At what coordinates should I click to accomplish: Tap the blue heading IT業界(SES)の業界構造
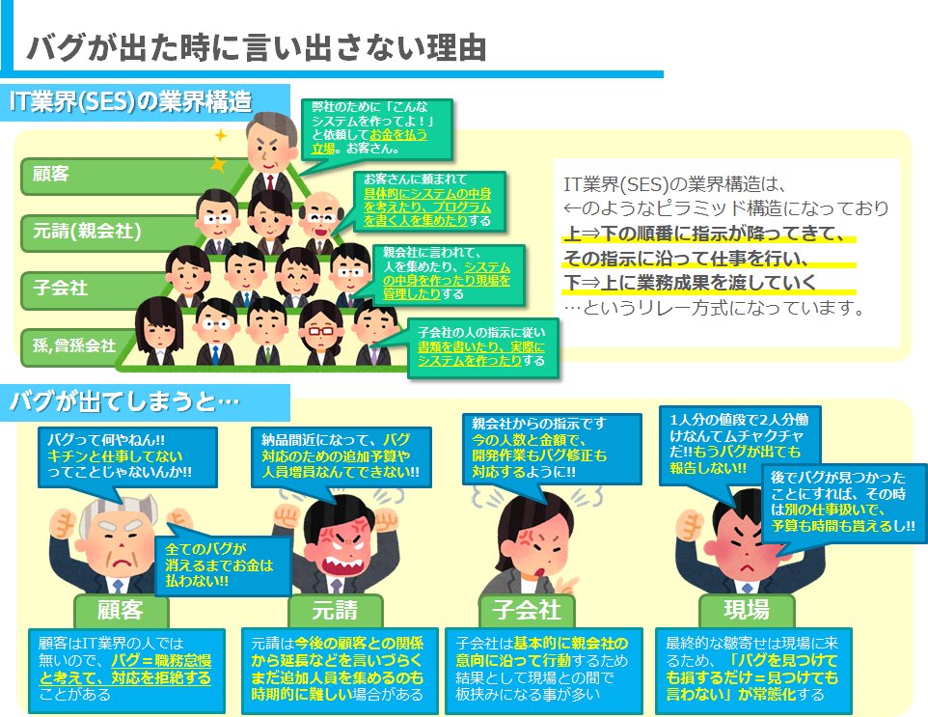[x=129, y=101]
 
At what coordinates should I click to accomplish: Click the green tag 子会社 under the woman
[x=527, y=610]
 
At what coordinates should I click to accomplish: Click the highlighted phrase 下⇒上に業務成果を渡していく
[x=690, y=283]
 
